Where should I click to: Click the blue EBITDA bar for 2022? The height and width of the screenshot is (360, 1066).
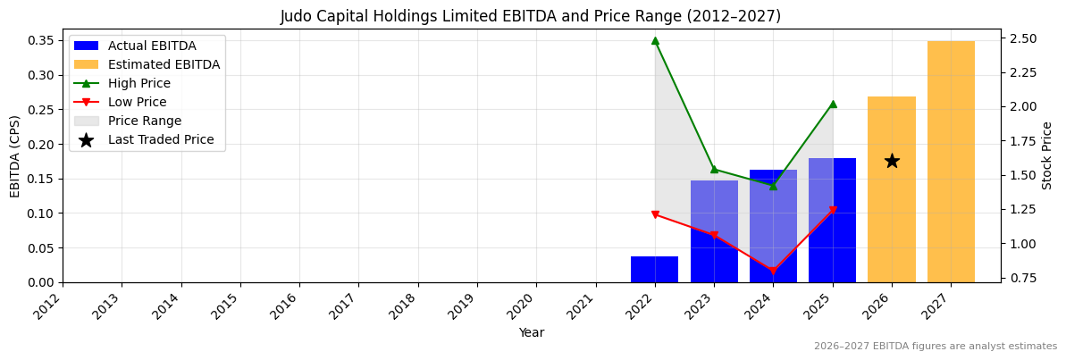click(654, 270)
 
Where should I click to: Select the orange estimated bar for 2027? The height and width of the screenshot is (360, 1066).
click(951, 162)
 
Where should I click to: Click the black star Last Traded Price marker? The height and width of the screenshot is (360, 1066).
click(892, 161)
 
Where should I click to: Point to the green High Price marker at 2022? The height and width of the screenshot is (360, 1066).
click(655, 40)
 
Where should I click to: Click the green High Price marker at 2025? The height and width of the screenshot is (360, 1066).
click(833, 104)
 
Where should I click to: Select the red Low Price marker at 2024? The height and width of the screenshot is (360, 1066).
click(773, 271)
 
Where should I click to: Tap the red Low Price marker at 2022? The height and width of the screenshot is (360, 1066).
click(655, 214)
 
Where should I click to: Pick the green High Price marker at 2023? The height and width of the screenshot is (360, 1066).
click(714, 169)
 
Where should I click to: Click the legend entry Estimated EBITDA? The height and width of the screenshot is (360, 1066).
click(164, 64)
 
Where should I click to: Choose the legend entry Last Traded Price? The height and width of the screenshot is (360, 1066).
click(161, 139)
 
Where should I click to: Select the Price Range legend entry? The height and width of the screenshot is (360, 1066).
click(145, 121)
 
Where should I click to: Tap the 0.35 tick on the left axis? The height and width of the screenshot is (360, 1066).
click(40, 40)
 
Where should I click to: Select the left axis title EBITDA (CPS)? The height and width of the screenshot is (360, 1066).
click(15, 155)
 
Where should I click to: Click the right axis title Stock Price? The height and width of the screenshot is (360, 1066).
click(1047, 155)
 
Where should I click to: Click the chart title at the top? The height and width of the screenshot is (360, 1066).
click(531, 16)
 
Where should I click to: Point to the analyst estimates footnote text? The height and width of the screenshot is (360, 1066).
click(935, 347)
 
